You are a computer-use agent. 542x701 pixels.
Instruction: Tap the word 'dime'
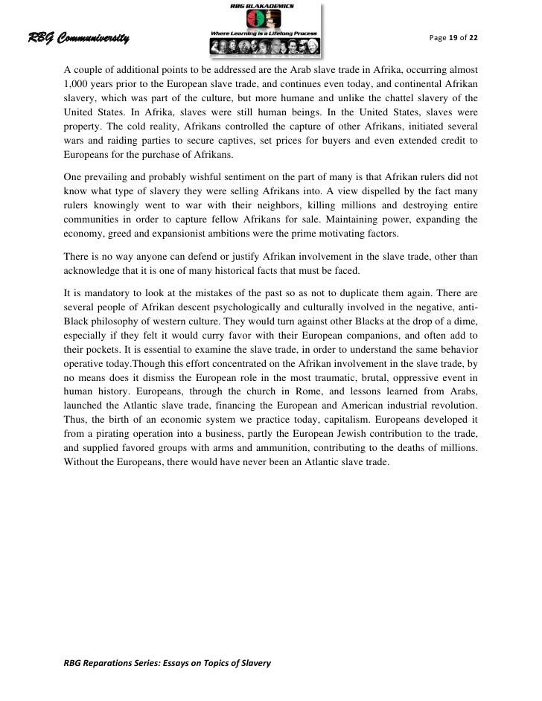pyautogui.click(x=465, y=317)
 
